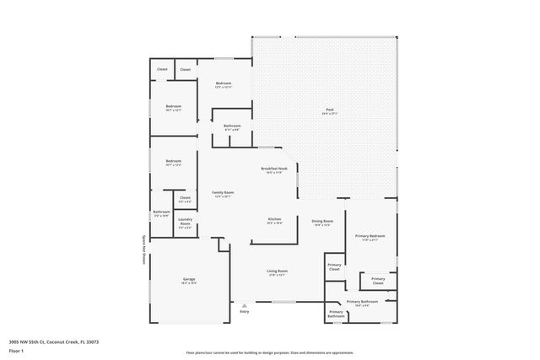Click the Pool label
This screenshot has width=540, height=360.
(329, 111)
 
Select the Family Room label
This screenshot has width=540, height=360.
(223, 193)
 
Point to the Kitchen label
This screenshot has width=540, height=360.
(274, 219)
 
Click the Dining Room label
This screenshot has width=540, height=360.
(323, 222)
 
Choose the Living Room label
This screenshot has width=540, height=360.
(277, 271)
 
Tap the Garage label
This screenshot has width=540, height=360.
(189, 280)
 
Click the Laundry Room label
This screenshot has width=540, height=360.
(185, 224)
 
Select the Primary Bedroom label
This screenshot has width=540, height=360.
(370, 237)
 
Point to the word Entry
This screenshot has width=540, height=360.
(245, 311)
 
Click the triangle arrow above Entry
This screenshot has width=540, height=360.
(245, 304)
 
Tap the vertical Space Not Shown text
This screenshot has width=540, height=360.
(144, 250)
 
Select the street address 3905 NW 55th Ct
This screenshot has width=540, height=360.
(54, 341)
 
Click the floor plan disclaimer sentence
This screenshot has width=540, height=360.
(269, 352)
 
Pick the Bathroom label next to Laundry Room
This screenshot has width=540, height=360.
(161, 213)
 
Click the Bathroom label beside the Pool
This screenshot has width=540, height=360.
(232, 127)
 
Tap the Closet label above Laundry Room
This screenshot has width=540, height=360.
(185, 199)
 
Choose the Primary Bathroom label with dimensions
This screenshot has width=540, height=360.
(363, 303)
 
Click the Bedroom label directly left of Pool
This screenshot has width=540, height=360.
(224, 84)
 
